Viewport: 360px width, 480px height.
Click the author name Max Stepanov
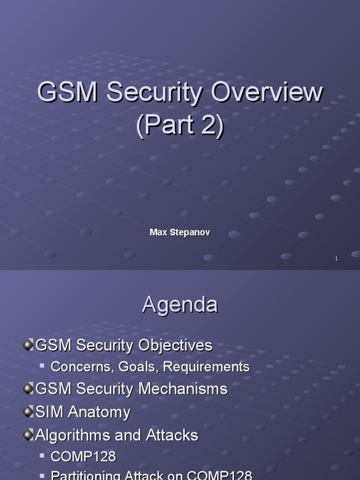click(x=180, y=232)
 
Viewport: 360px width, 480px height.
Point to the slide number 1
click(x=336, y=259)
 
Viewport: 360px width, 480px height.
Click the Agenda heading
click(x=180, y=305)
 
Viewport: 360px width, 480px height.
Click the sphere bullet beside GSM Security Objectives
click(x=29, y=345)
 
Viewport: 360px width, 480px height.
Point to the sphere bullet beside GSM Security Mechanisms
click(x=29, y=389)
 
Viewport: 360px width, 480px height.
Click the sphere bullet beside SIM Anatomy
click(x=29, y=412)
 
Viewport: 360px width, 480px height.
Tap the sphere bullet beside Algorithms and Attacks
click(x=29, y=435)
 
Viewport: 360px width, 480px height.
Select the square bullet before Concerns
click(x=42, y=365)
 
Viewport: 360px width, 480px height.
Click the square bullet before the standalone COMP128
click(x=42, y=455)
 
